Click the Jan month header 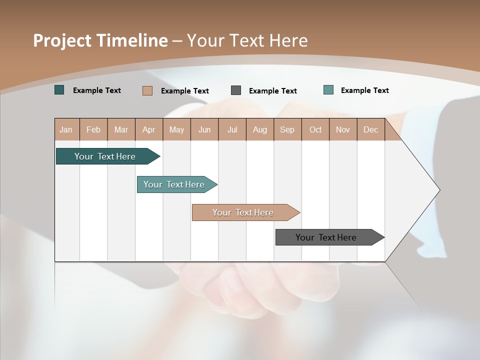click(66, 129)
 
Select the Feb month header click(93, 129)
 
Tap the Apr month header click(149, 129)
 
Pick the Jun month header click(204, 129)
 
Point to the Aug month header click(260, 129)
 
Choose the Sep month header click(287, 129)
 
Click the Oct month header click(315, 129)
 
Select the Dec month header click(371, 129)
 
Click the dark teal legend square click(59, 90)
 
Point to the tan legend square click(147, 90)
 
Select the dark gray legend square click(236, 90)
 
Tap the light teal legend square click(328, 90)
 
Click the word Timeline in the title click(131, 40)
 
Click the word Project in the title click(61, 40)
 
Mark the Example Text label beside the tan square click(185, 91)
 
